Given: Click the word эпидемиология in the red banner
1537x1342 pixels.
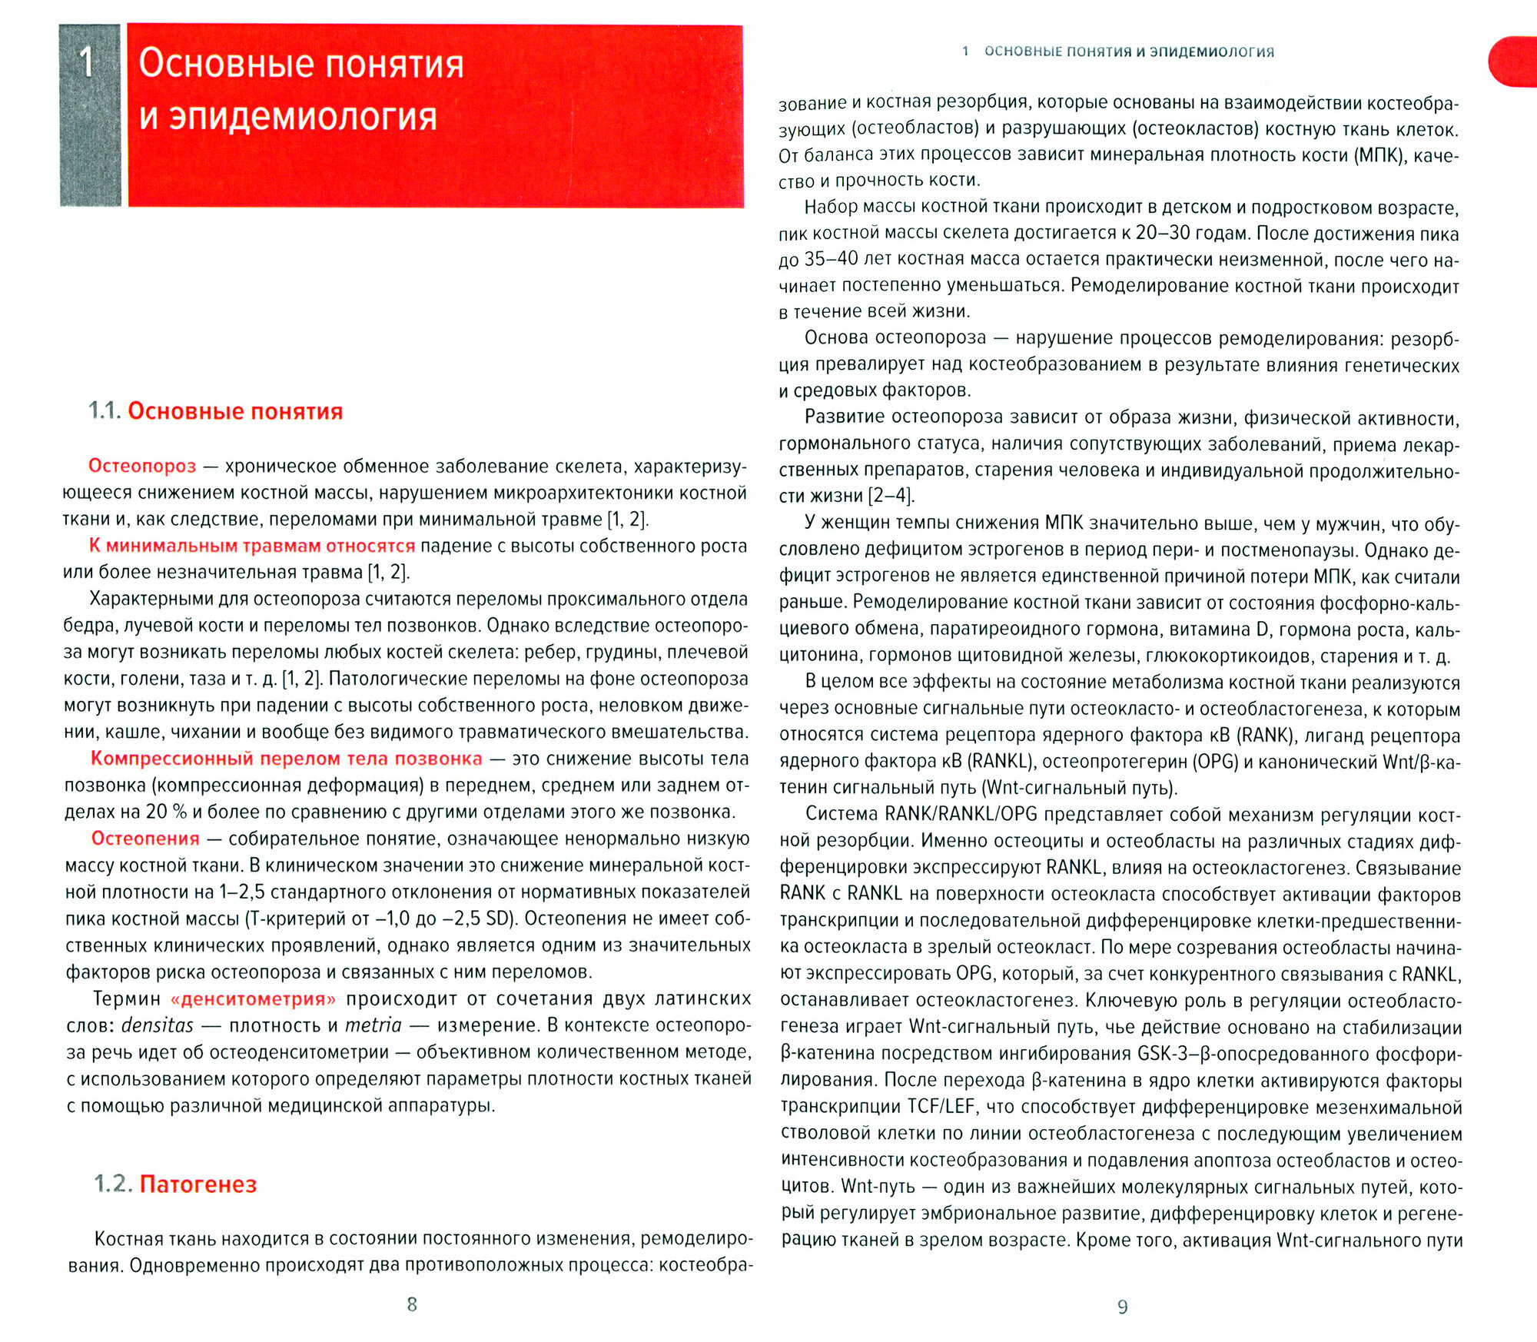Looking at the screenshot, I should [x=303, y=117].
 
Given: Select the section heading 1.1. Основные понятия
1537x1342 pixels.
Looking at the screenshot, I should [x=216, y=411].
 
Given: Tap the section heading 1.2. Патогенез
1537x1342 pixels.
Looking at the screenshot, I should [x=175, y=1184].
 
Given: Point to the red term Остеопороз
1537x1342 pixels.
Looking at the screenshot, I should [x=142, y=466].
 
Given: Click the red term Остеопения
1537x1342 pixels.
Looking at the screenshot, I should [x=145, y=839].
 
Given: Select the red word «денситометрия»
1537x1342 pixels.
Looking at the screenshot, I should [x=253, y=999].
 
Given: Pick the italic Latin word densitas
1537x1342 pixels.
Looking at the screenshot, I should [x=158, y=1025].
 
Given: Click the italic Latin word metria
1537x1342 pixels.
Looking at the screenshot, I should [x=373, y=1025].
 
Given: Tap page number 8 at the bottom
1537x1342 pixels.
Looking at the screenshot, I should [x=412, y=1304].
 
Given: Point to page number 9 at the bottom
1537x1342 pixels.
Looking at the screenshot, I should [x=1123, y=1307].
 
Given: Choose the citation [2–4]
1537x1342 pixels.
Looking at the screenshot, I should [x=891, y=496].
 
